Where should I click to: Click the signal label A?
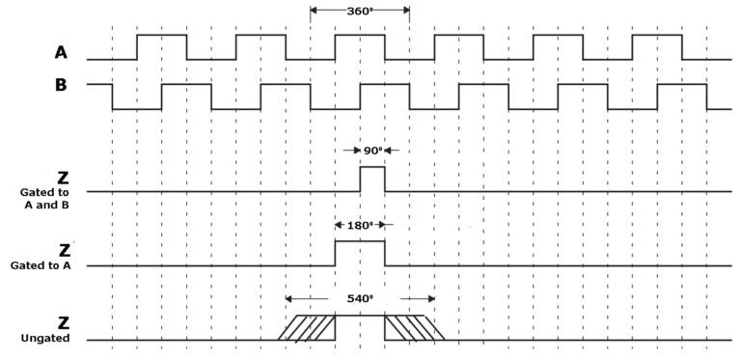pyautogui.click(x=60, y=51)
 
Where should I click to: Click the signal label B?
pyautogui.click(x=60, y=84)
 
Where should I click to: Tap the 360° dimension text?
pyautogui.click(x=360, y=12)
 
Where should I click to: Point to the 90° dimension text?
pyautogui.click(x=372, y=151)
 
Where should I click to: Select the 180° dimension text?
pyautogui.click(x=359, y=226)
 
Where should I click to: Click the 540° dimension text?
pyautogui.click(x=359, y=298)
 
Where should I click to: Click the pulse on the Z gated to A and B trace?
pyautogui.click(x=372, y=180)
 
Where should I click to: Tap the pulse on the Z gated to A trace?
pyautogui.click(x=360, y=254)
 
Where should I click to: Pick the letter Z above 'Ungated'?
pyautogui.click(x=64, y=322)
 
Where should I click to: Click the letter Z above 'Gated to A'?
pyautogui.click(x=64, y=250)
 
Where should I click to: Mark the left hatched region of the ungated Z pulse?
pyautogui.click(x=308, y=327)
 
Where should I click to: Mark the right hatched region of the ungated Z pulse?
pyautogui.click(x=413, y=327)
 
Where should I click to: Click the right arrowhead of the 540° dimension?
pyautogui.click(x=430, y=298)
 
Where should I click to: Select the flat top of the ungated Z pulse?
pyautogui.click(x=360, y=316)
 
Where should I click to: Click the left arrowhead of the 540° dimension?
pyautogui.click(x=289, y=298)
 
